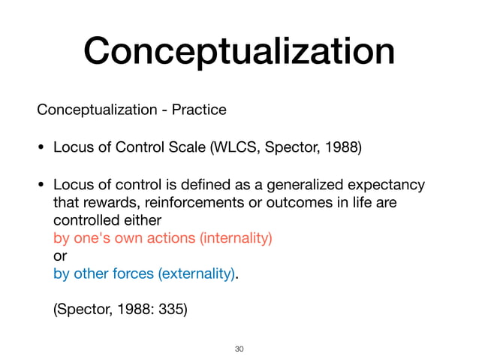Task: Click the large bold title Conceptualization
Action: [239, 52]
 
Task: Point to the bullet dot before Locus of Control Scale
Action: [41, 147]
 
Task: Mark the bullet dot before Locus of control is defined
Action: [41, 186]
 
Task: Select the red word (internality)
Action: [235, 239]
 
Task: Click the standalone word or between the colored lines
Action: [59, 256]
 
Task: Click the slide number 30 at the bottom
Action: [239, 349]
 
